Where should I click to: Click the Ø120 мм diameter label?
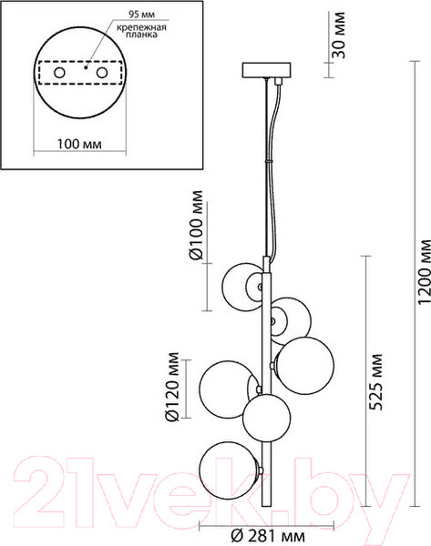[x=169, y=389]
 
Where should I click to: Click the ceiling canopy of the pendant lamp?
[x=266, y=70]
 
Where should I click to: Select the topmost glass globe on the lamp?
[x=245, y=285]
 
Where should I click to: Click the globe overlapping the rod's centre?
[x=267, y=416]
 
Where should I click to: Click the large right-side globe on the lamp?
[x=303, y=361]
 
